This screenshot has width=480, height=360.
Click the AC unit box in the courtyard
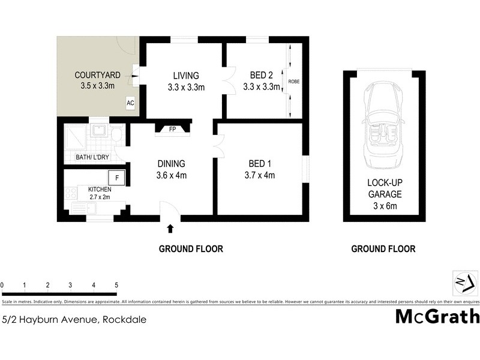130,103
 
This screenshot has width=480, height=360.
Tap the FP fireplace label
172,128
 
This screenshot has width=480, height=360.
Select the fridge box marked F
116,178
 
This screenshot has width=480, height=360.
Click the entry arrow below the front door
170,228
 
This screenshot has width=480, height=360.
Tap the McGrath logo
437,316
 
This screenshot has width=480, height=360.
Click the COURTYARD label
98,76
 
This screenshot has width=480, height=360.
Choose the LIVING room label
185,76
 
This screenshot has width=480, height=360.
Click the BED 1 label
261,164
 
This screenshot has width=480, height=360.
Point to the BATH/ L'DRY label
91,158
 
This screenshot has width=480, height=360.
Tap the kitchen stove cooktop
71,193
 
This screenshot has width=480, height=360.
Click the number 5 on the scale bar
116,285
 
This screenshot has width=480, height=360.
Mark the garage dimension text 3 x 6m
385,206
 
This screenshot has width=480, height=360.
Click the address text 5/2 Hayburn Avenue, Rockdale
74,320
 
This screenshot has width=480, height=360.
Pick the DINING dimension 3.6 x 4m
172,175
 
